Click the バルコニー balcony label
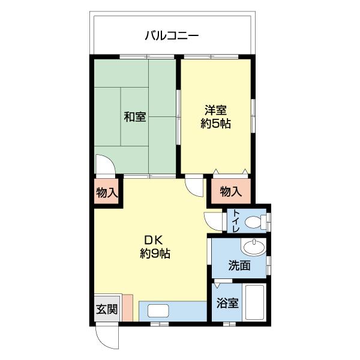click(x=172, y=35)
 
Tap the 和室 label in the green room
click(x=135, y=117)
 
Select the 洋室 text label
click(x=215, y=110)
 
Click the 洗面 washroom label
click(x=239, y=265)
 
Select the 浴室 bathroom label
click(x=227, y=303)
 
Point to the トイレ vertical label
click(x=236, y=222)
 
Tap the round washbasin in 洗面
click(x=254, y=247)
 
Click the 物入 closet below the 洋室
click(x=230, y=191)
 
